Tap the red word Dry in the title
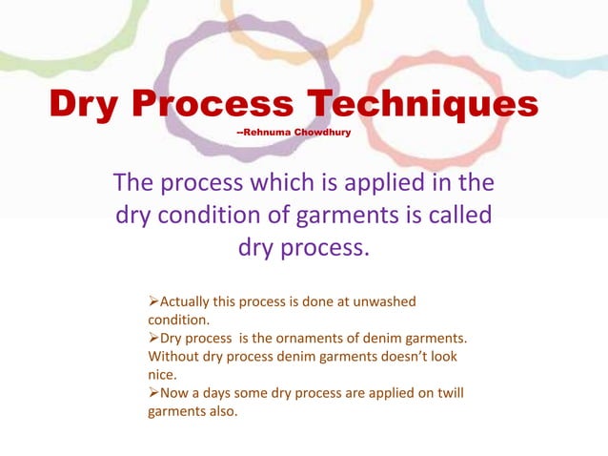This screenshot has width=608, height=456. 88,104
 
